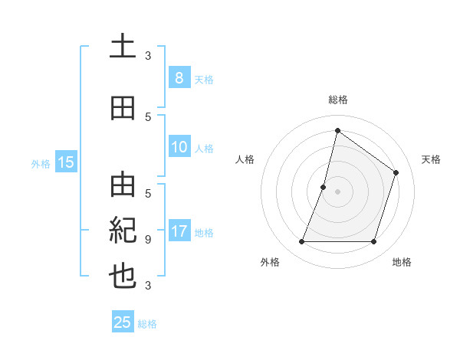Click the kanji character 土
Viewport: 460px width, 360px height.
123,48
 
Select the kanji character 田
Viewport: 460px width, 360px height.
123,108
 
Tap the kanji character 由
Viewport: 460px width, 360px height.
123,185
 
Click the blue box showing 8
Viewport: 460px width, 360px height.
179,77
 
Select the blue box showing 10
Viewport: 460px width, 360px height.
179,147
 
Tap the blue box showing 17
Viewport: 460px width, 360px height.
179,231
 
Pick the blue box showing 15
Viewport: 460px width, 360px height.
65,162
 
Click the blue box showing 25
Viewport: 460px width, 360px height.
123,322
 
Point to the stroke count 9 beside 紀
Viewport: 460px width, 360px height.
147,239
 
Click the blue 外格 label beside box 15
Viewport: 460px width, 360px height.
40,162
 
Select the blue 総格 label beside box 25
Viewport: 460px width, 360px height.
147,323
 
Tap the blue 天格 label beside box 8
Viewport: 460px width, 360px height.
203,78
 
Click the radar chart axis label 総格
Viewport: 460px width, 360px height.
337,100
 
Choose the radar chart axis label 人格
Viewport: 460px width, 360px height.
245,159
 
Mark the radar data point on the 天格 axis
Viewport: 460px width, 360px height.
396,172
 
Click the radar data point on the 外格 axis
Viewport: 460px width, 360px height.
301,242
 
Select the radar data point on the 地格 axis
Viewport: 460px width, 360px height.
374,242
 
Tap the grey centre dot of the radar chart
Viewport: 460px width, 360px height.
337,191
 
